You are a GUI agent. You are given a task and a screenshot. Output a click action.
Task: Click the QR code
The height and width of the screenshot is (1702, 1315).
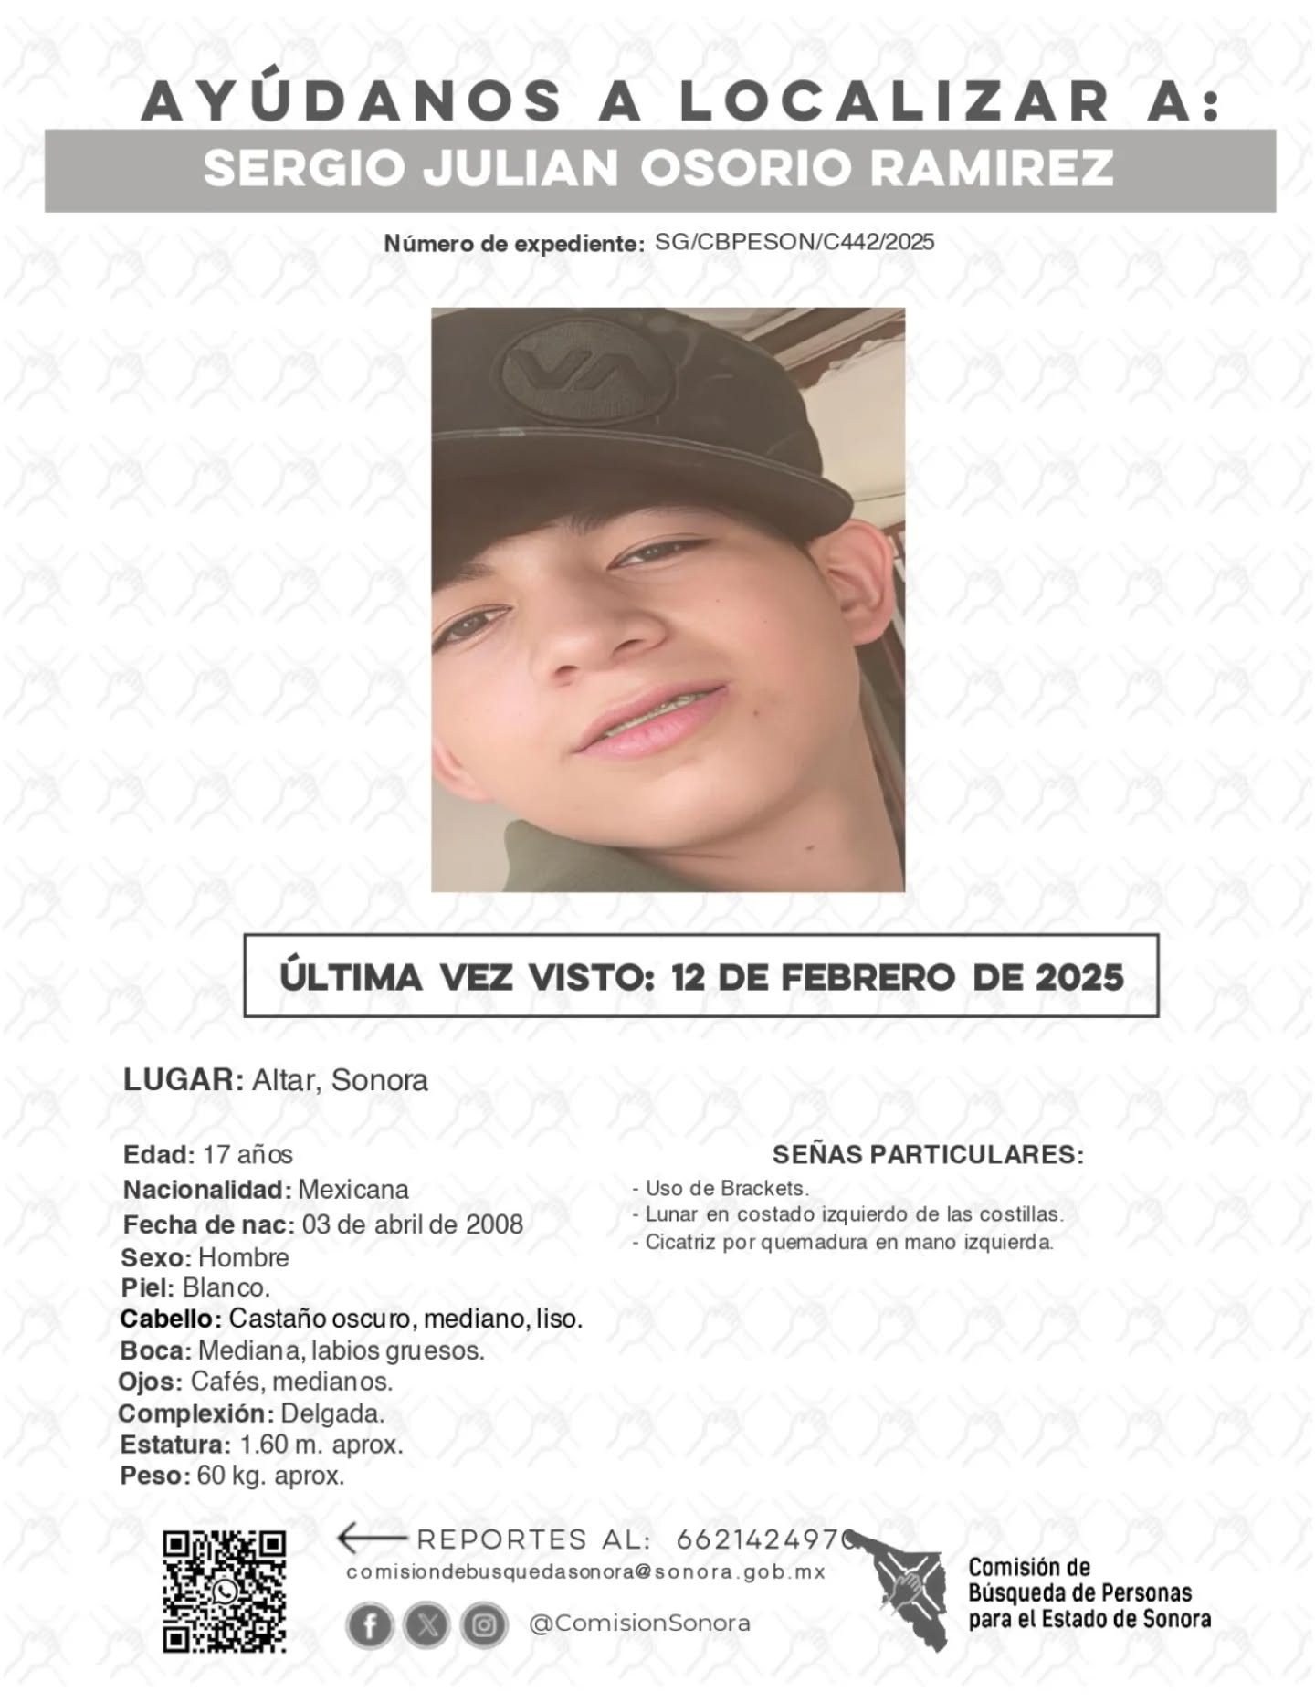click(x=224, y=1592)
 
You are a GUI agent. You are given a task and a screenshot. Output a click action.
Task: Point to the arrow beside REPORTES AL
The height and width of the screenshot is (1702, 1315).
click(x=371, y=1539)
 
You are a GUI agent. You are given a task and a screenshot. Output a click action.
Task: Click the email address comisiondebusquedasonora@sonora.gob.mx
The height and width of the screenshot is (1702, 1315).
click(x=585, y=1572)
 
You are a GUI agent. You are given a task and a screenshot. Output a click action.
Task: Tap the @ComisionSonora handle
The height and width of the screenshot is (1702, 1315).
click(x=639, y=1623)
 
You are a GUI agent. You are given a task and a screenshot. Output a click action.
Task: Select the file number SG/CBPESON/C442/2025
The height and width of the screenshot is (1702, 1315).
click(x=794, y=242)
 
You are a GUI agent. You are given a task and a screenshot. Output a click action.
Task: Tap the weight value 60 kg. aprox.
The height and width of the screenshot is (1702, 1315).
click(x=270, y=1476)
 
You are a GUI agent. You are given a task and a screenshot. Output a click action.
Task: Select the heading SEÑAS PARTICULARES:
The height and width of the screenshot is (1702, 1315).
click(x=928, y=1154)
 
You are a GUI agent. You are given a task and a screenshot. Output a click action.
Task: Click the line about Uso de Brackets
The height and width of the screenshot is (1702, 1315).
click(x=721, y=1188)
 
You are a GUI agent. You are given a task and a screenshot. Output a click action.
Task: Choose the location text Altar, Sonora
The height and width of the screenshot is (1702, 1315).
click(x=339, y=1080)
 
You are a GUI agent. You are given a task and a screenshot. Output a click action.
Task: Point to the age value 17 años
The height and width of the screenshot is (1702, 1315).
click(x=247, y=1154)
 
